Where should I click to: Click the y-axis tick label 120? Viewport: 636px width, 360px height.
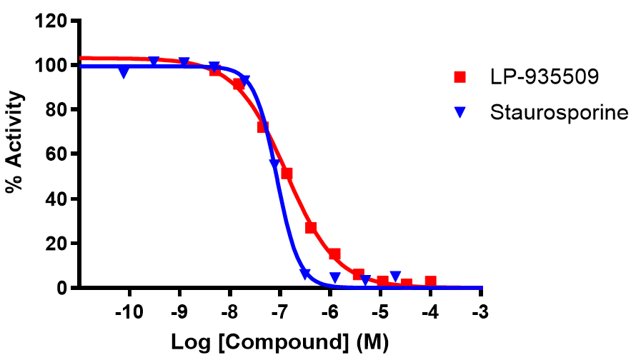click(54, 21)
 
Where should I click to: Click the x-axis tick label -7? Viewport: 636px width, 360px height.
click(280, 313)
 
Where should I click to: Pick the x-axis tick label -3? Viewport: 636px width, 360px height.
click(482, 313)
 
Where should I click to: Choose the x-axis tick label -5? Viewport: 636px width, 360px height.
click(381, 313)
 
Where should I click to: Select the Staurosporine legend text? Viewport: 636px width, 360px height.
click(559, 112)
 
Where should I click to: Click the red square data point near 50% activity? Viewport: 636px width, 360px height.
click(287, 174)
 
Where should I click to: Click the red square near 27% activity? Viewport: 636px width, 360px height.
click(311, 228)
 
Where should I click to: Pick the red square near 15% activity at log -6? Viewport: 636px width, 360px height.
click(334, 254)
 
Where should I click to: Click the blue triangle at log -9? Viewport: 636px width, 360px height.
click(184, 62)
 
